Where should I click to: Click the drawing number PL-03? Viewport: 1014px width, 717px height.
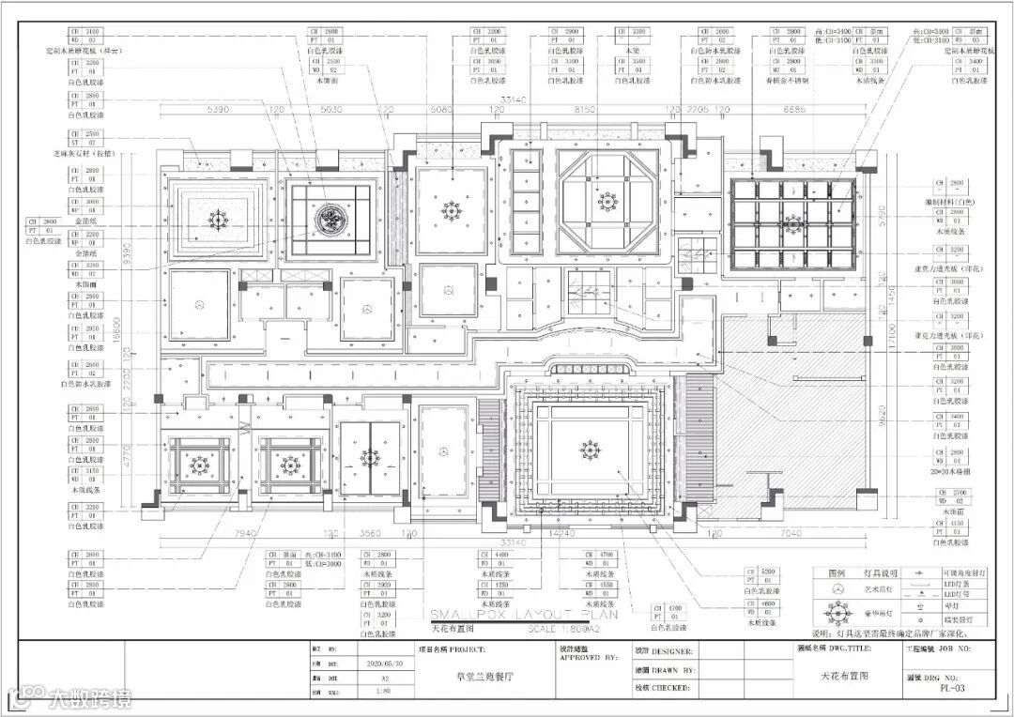pos(952,688)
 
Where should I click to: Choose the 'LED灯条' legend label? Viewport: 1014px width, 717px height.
pos(956,583)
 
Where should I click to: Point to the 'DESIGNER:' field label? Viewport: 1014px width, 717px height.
pos(674,650)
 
